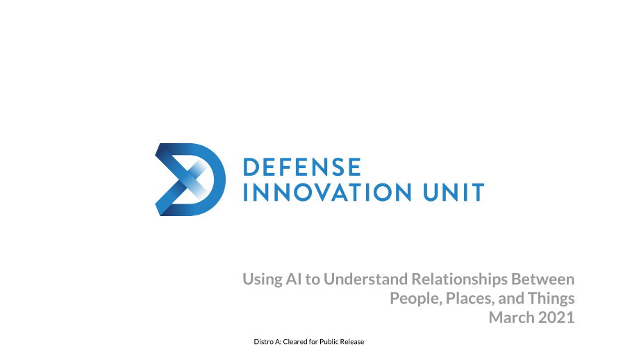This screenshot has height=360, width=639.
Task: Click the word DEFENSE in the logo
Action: pyautogui.click(x=302, y=167)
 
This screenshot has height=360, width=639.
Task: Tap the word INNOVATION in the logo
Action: pyautogui.click(x=327, y=193)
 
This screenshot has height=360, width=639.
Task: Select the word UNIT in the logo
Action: pyautogui.click(x=454, y=193)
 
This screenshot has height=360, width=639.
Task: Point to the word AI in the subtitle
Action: pyautogui.click(x=293, y=279)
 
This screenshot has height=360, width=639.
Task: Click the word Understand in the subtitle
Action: pyautogui.click(x=365, y=279)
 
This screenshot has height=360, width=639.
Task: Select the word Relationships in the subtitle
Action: pyautogui.click(x=459, y=279)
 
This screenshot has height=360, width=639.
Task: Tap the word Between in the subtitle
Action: pyautogui.click(x=543, y=279)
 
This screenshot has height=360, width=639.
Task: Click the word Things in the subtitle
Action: pyautogui.click(x=551, y=299)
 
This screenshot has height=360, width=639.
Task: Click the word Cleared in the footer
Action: pyautogui.click(x=295, y=342)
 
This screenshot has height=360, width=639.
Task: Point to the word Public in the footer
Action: pyautogui.click(x=329, y=342)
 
